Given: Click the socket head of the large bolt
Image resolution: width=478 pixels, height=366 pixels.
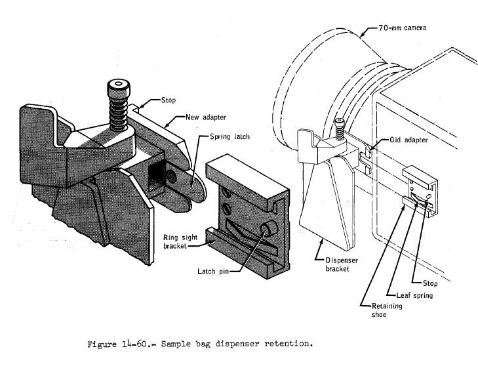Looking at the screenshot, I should pos(118,86).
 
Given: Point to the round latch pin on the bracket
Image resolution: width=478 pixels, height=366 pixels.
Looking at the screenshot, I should pos(269,231).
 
